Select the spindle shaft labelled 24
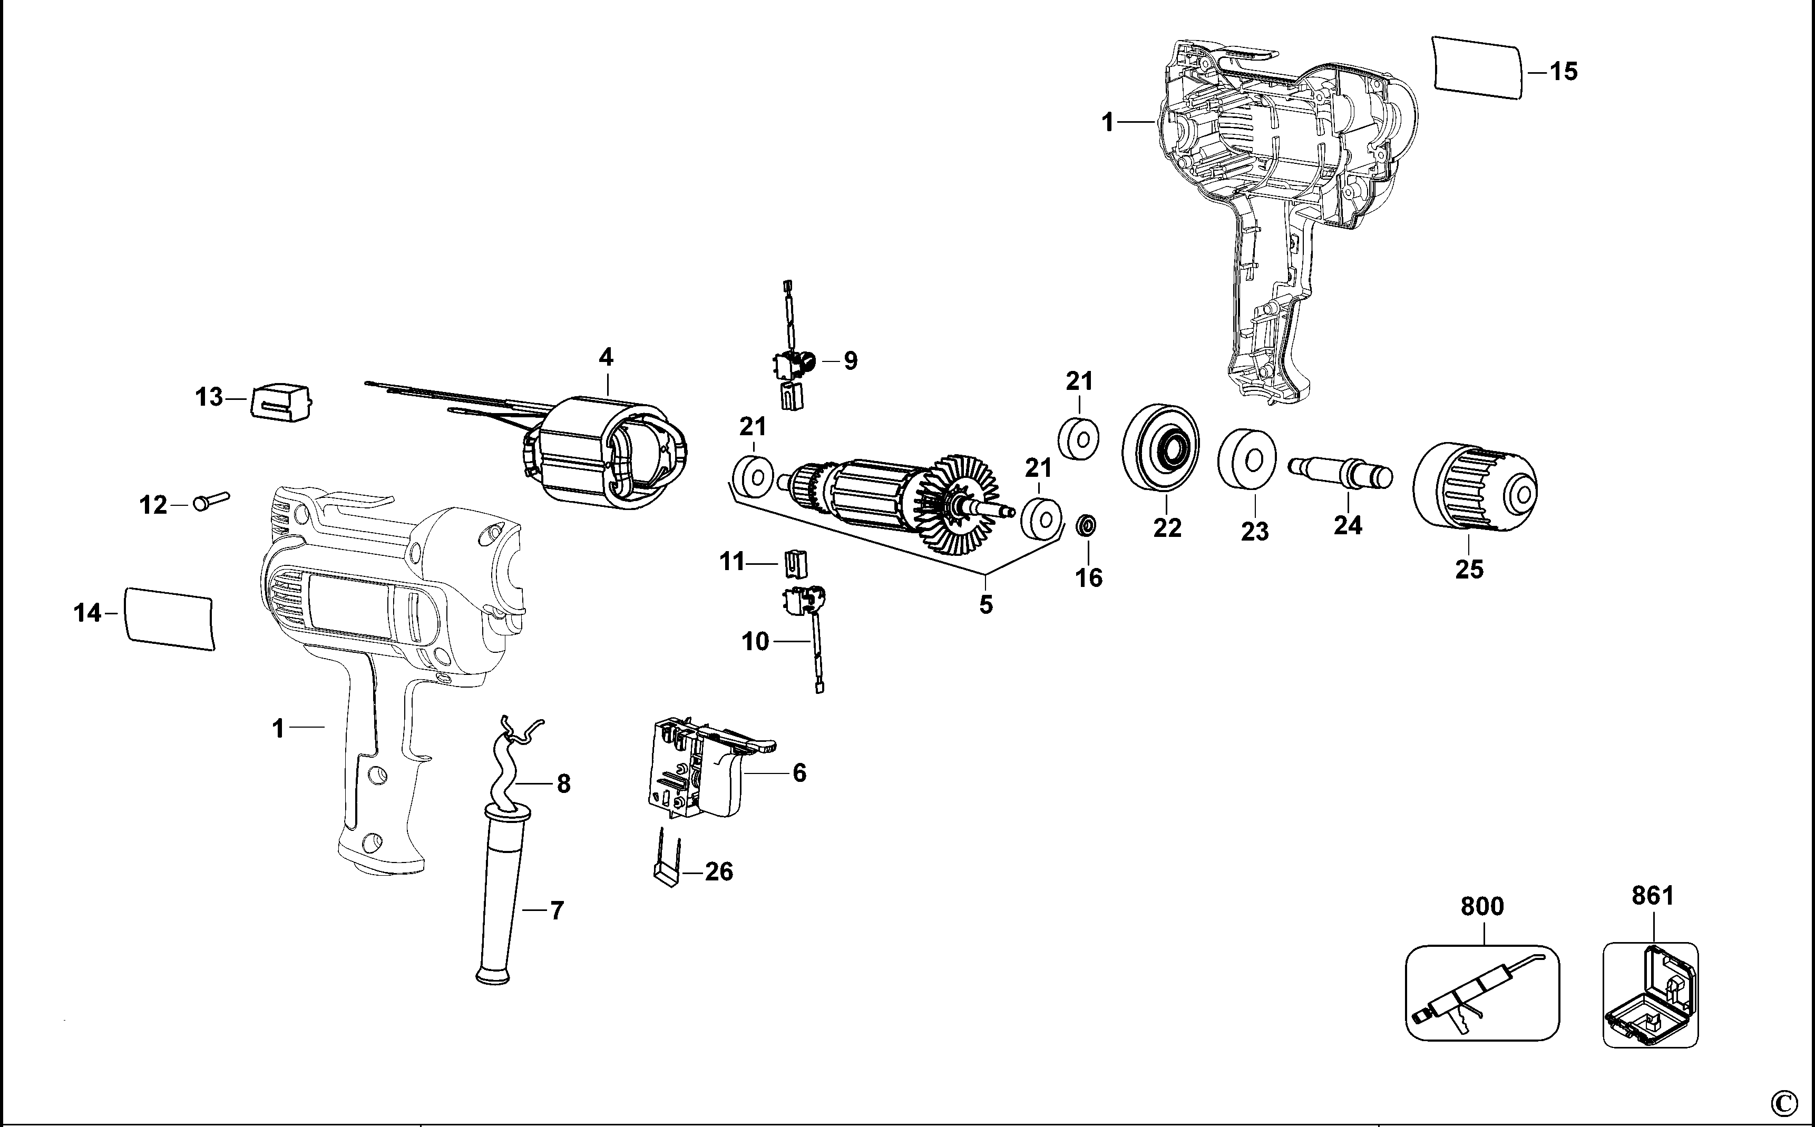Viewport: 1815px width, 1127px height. [1340, 473]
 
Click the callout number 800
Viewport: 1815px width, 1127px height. [1482, 906]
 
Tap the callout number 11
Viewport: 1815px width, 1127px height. [732, 561]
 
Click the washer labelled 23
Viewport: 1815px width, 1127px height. [1247, 459]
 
